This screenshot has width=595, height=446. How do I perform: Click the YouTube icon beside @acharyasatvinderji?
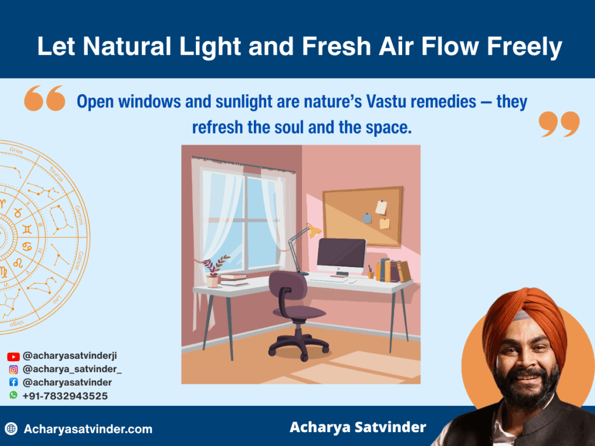pyautogui.click(x=13, y=357)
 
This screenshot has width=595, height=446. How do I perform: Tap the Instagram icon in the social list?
pyautogui.click(x=13, y=369)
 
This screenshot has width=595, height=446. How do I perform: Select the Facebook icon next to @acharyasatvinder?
pyautogui.click(x=13, y=382)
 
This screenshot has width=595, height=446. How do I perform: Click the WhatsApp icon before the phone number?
pyautogui.click(x=13, y=395)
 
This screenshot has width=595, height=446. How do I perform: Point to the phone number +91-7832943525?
pyautogui.click(x=65, y=395)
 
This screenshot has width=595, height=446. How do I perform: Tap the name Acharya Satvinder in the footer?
pyautogui.click(x=357, y=428)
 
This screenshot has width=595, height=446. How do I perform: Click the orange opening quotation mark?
pyautogui.click(x=45, y=98)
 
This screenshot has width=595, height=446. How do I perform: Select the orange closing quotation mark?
pyautogui.click(x=559, y=124)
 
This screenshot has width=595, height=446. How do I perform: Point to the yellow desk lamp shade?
pyautogui.click(x=314, y=231)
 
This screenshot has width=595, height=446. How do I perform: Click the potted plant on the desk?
pyautogui.click(x=213, y=273)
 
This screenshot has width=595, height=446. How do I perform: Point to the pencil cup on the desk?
pyautogui.click(x=370, y=273)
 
